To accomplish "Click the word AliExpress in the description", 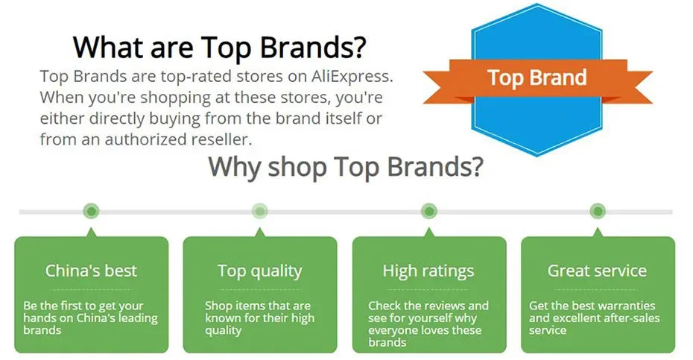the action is pos(352,77).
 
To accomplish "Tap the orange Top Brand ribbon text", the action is pos(537,78).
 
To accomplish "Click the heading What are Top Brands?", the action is pos(220,47).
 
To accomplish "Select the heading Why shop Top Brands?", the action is pos(346,167).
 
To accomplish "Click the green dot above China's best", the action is pos(91,211).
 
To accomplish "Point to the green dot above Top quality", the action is pos(260,211).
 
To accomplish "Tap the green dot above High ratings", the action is pos(428,211).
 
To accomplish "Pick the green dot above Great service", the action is pos(598,211).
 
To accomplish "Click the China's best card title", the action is pos(91,271).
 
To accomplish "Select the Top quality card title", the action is pos(260,271).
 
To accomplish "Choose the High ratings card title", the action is pos(428,271).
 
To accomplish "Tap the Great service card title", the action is pos(597,271).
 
